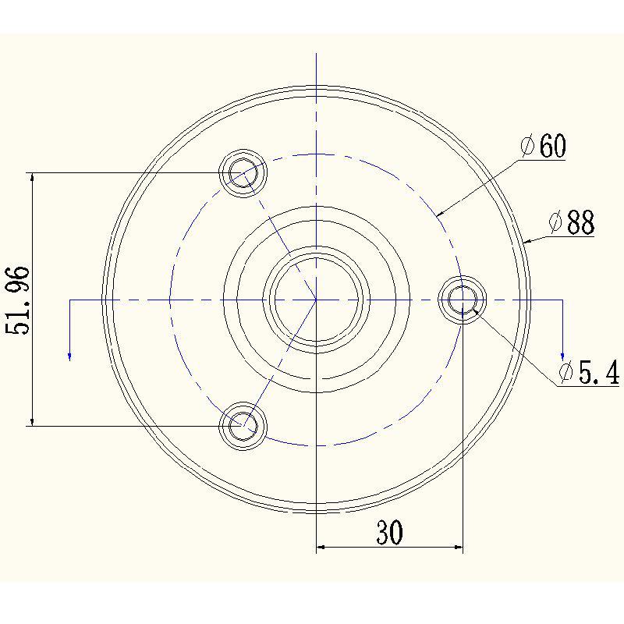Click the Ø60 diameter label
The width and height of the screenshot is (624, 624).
point(543,146)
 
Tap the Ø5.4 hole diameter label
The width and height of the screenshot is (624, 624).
point(590,372)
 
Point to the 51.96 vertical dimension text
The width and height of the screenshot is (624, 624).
point(18,300)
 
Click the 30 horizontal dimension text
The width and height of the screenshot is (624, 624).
point(389,532)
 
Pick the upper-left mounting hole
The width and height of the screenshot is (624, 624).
point(243,173)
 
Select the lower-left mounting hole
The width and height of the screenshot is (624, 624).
point(243,426)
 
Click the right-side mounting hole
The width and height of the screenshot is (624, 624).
point(463,300)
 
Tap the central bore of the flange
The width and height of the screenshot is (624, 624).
point(317,300)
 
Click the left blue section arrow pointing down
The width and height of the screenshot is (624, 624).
point(69,330)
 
